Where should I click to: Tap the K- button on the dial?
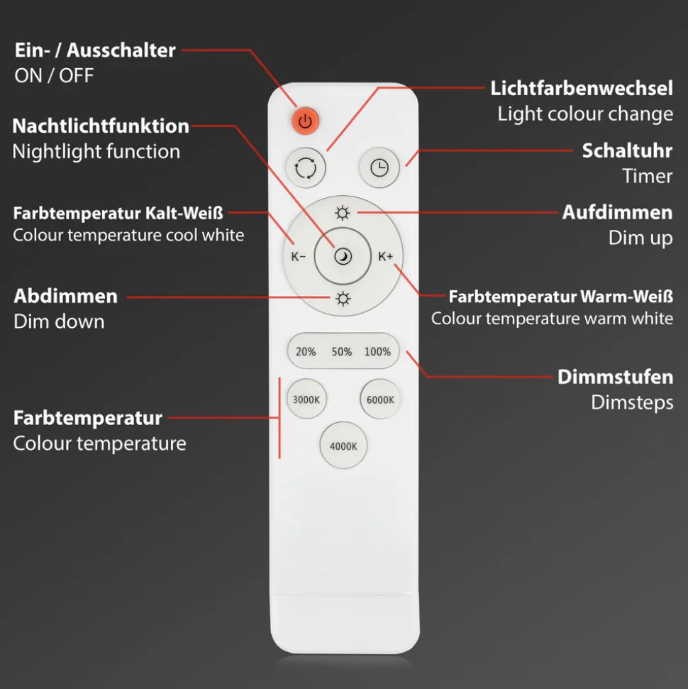coord(298,257)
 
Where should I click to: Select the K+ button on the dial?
coord(385,257)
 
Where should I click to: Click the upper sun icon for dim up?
coord(343,213)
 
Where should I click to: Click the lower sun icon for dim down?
coord(343,299)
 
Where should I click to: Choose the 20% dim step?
coord(306,351)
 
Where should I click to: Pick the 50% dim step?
coord(342,351)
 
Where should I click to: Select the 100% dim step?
coord(377,351)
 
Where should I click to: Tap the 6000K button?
coord(380,399)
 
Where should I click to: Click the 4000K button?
coord(343,446)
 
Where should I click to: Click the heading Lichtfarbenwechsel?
coord(581,89)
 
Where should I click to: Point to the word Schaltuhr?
coord(627,150)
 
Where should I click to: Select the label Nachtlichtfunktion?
coord(101,126)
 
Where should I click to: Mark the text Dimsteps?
coord(632,402)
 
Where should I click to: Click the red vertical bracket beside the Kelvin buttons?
coord(279,417)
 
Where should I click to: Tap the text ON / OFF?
coord(54,76)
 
